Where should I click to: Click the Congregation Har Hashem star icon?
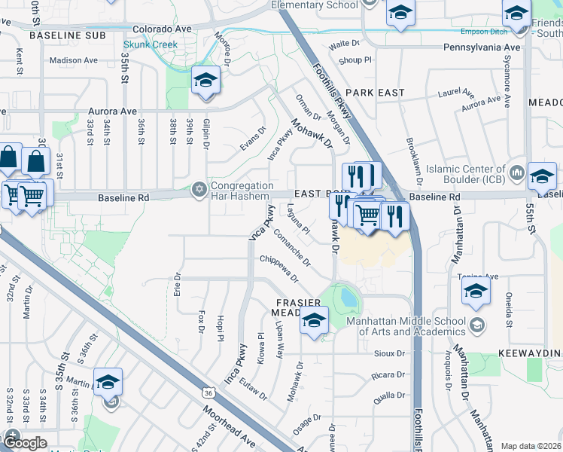pyautogui.click(x=199, y=188)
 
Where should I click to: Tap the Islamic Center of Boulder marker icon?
pyautogui.click(x=516, y=173)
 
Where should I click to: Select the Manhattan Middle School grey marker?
pyautogui.click(x=476, y=325)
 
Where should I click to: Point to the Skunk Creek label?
pyautogui.click(x=151, y=44)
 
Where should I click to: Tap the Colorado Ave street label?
pyautogui.click(x=162, y=29)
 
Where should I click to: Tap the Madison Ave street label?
pyautogui.click(x=74, y=60)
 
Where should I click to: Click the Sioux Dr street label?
pyautogui.click(x=388, y=353)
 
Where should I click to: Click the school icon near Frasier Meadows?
pyautogui.click(x=314, y=322)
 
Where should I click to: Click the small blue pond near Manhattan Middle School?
pyautogui.click(x=348, y=297)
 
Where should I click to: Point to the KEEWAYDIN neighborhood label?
pyautogui.click(x=530, y=353)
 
